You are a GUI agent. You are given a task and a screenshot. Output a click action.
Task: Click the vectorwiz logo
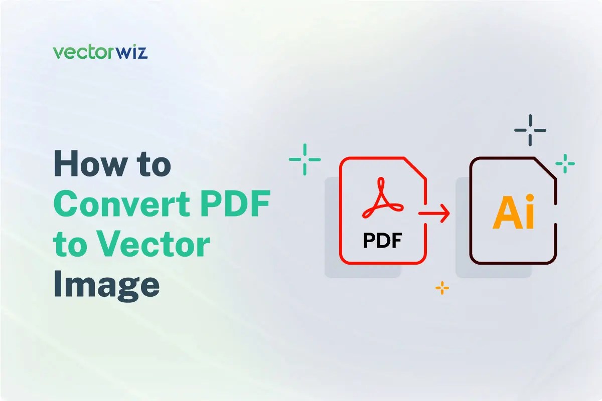(x=100, y=52)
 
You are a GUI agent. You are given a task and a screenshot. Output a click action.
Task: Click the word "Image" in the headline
(x=107, y=283)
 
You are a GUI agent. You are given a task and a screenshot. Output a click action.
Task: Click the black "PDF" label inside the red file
(x=383, y=241)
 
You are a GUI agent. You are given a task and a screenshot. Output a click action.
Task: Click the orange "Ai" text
(x=514, y=213)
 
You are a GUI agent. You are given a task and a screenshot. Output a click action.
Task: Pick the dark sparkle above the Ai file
(x=530, y=130)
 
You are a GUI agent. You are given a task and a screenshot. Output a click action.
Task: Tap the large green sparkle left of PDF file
(x=305, y=159)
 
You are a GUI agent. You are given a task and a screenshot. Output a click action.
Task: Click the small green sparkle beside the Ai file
(x=565, y=163)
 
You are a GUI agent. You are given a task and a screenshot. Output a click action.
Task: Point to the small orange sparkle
(x=442, y=288)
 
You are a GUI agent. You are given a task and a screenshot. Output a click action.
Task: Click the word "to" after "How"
(x=153, y=165)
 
